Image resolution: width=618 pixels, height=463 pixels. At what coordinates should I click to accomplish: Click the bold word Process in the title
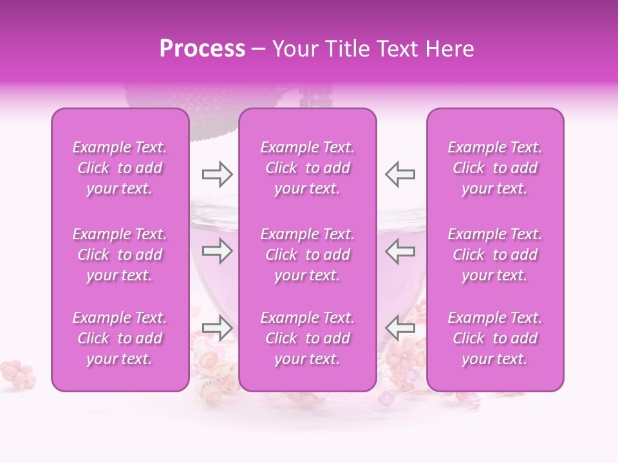click(202, 49)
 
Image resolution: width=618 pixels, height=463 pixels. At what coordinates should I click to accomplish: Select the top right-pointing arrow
click(217, 174)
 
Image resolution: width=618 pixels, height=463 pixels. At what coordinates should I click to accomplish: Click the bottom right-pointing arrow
click(217, 328)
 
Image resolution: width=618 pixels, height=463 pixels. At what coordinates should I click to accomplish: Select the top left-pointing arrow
click(400, 174)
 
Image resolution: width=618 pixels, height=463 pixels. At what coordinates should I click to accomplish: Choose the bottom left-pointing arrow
click(400, 328)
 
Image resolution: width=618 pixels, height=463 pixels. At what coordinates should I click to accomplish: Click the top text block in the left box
click(120, 168)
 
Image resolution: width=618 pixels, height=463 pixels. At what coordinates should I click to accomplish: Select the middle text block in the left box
click(120, 255)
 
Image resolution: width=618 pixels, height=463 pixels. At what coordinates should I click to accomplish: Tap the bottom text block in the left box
click(120, 338)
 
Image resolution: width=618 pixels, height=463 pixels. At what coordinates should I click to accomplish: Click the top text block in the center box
click(308, 168)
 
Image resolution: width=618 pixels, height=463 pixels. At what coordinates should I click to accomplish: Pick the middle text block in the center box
click(308, 255)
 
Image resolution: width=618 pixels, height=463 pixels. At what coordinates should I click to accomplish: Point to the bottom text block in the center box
click(308, 338)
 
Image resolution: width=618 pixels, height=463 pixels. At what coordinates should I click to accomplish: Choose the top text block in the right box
click(495, 168)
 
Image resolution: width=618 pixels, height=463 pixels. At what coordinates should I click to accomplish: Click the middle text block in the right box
click(495, 255)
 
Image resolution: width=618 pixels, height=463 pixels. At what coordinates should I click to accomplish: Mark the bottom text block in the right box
click(495, 338)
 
